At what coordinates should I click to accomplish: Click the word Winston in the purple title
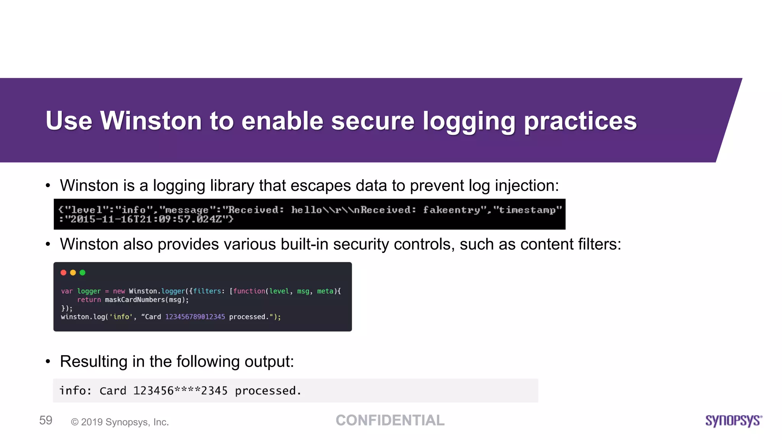click(151, 121)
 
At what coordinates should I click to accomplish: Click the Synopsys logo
click(733, 421)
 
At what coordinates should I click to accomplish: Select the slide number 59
click(46, 421)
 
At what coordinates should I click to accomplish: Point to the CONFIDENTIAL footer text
click(390, 421)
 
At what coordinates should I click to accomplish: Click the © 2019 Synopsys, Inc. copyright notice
click(120, 422)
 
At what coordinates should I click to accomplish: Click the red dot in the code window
click(63, 273)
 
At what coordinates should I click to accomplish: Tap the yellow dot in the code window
click(73, 273)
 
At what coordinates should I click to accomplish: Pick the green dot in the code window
click(82, 273)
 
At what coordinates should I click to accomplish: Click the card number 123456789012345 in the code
click(195, 317)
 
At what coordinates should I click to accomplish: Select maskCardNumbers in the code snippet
click(135, 300)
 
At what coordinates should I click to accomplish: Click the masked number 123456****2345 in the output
click(180, 391)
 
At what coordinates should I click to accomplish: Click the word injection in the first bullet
click(527, 186)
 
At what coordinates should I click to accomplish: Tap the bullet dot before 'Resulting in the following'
click(48, 362)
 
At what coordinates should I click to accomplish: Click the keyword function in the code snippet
click(249, 291)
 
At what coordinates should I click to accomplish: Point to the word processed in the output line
click(265, 391)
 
